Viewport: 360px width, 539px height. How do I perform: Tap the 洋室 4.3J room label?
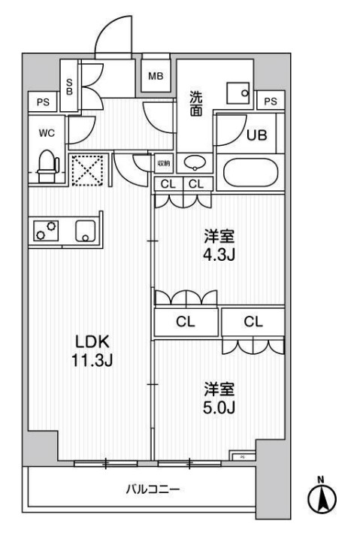click(x=220, y=244)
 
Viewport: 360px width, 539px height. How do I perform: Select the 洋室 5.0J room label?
click(x=220, y=398)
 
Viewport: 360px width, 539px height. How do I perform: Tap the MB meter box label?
click(x=156, y=75)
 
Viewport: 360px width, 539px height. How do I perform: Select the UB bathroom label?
click(x=257, y=135)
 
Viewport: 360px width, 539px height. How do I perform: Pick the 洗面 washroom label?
click(x=195, y=103)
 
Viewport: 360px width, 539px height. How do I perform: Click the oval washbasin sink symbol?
click(x=195, y=162)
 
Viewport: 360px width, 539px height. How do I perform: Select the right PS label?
click(x=271, y=101)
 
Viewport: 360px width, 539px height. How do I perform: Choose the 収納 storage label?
click(x=164, y=162)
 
